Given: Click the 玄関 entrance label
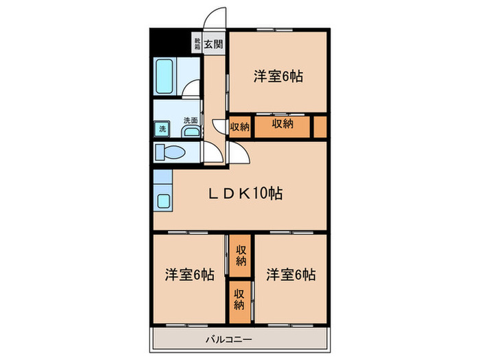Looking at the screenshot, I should click(214, 45).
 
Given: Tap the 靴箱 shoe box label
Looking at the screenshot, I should click(197, 45).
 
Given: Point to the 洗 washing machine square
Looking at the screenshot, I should click(163, 128).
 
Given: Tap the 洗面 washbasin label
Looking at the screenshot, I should click(190, 121).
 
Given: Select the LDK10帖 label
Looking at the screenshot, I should click(245, 193).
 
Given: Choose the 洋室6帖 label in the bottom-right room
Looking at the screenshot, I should click(291, 275).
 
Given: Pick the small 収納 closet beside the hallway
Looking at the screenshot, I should click(239, 127).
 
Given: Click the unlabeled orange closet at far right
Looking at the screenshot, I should click(320, 127).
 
